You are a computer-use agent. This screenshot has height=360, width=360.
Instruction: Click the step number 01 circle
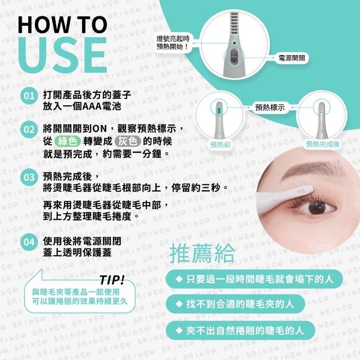click(29, 96)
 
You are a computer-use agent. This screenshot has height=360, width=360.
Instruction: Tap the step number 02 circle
click(29, 129)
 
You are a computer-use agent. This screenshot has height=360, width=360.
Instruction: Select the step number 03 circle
click(29, 177)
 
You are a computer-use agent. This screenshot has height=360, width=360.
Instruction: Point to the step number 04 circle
click(29, 242)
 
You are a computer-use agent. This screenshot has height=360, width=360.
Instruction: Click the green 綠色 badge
click(67, 141)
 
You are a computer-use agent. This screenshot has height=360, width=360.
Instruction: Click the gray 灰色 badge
click(128, 141)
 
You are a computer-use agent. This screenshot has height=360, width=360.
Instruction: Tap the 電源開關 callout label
click(291, 58)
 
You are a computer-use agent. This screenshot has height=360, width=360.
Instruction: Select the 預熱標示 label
click(270, 107)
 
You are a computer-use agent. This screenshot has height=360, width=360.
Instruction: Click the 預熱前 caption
click(220, 145)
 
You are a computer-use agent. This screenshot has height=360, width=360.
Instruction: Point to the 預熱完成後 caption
click(322, 144)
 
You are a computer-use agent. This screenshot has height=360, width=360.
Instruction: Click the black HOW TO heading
click(62, 25)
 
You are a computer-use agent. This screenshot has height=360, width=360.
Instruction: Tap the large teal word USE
click(62, 55)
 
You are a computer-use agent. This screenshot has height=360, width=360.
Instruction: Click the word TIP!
click(112, 280)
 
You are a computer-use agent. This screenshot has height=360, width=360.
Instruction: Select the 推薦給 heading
click(202, 254)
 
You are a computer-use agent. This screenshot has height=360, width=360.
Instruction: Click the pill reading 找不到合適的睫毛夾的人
click(235, 304)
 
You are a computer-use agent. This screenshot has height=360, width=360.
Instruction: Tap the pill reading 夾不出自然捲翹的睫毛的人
click(240, 331)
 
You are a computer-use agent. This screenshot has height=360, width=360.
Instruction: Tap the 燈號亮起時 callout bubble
click(173, 43)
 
